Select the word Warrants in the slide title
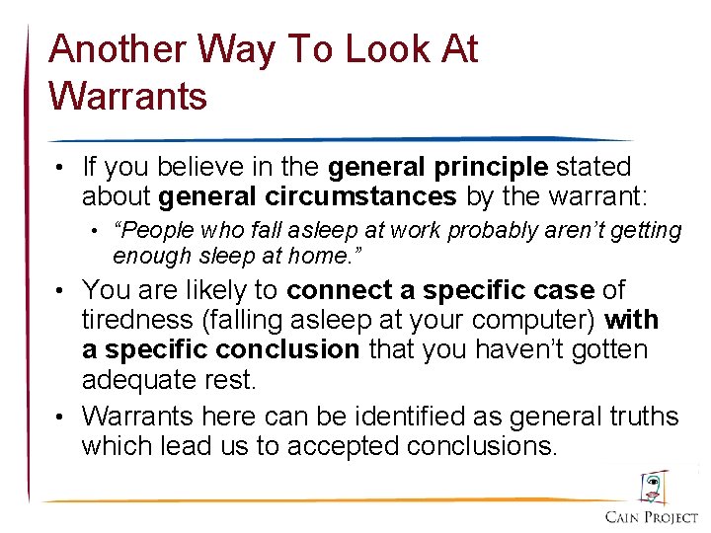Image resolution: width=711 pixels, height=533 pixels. pos(127,96)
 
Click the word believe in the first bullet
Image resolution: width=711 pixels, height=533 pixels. pos(209,168)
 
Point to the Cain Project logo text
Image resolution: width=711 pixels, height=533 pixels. pos(651,517)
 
